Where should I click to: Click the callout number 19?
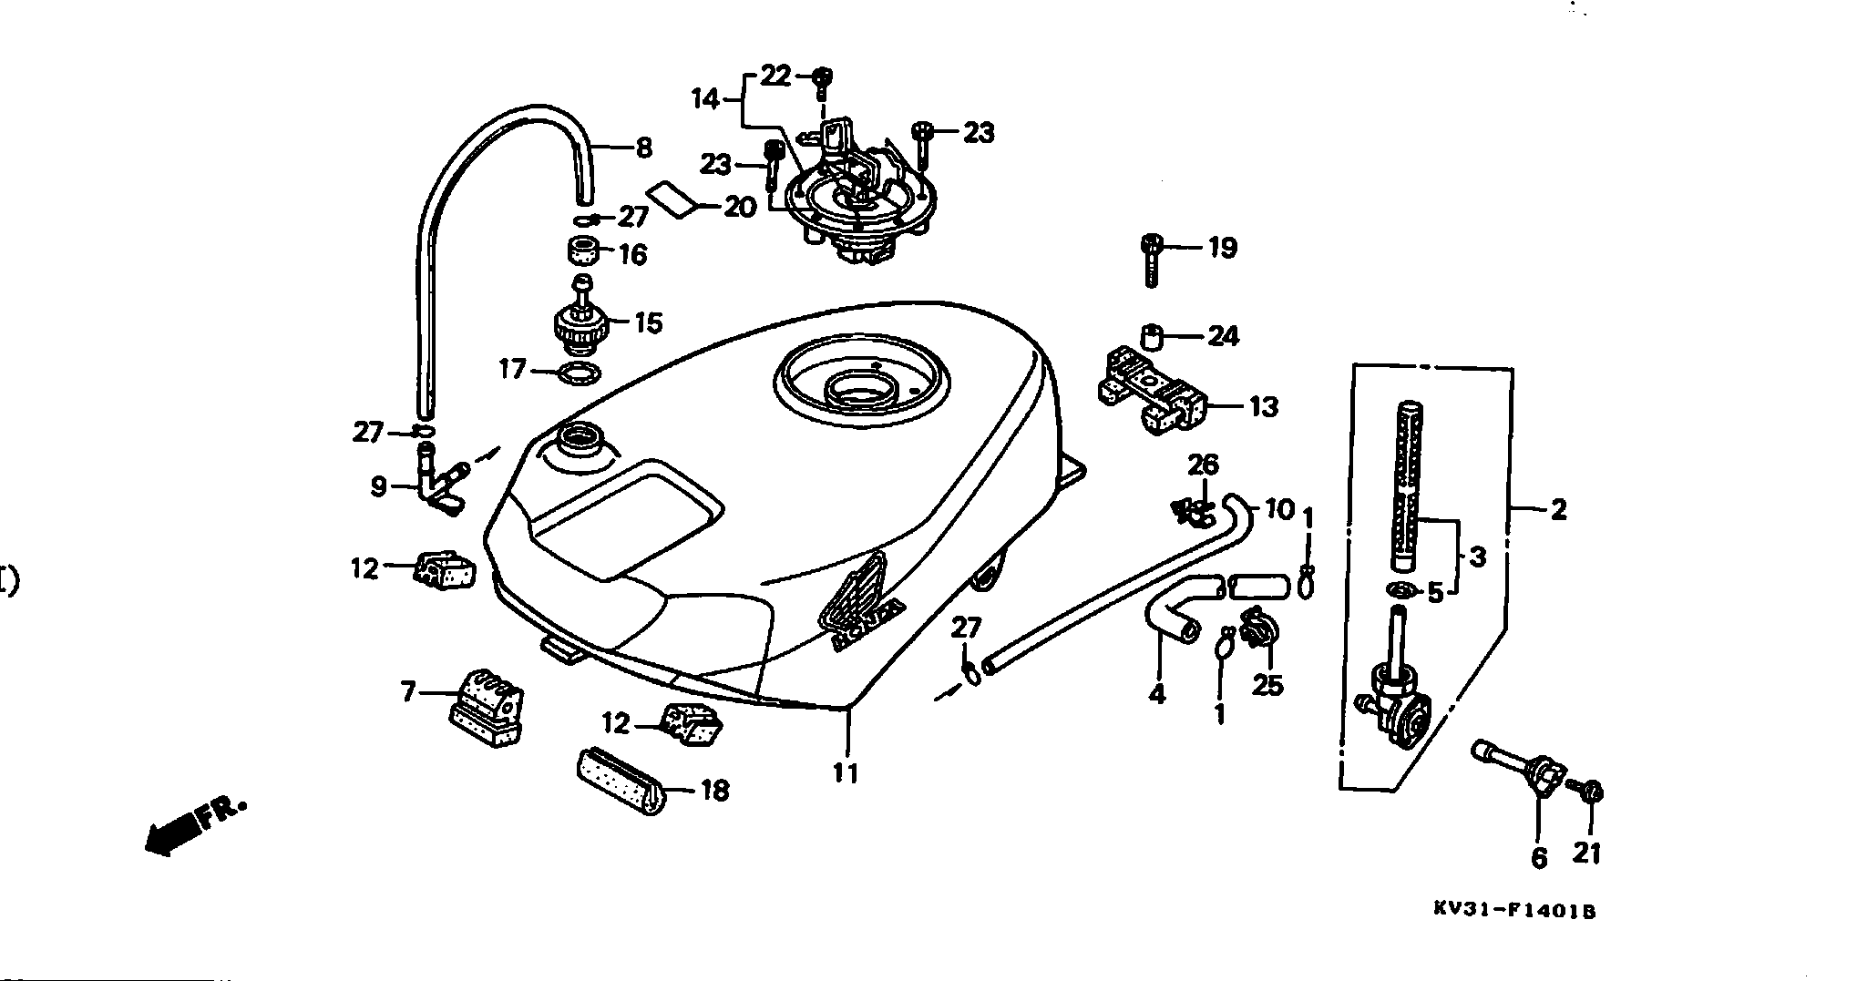pyautogui.click(x=1222, y=247)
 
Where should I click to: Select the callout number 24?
pyautogui.click(x=1223, y=336)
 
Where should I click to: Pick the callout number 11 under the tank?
pyautogui.click(x=846, y=773)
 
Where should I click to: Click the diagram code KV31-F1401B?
pyautogui.click(x=1513, y=910)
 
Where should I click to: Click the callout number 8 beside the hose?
pyautogui.click(x=643, y=148)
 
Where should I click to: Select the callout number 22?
pyautogui.click(x=776, y=76)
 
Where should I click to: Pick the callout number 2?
pyautogui.click(x=1558, y=510)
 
